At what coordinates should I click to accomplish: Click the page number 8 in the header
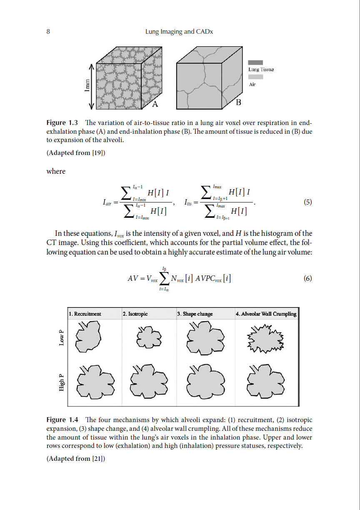48,32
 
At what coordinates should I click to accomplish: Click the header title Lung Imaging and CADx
179,32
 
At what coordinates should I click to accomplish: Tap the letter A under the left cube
155,104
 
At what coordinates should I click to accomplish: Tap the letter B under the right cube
239,102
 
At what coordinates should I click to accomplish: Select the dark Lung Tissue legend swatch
255,62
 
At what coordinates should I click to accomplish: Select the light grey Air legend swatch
255,77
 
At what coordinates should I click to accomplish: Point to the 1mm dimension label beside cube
87,87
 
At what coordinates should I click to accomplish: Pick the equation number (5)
307,202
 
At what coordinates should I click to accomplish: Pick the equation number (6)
307,279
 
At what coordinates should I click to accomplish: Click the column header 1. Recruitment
85,314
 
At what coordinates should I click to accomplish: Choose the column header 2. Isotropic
135,314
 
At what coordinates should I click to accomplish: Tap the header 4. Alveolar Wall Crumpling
266,314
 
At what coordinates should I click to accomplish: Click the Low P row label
62,337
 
